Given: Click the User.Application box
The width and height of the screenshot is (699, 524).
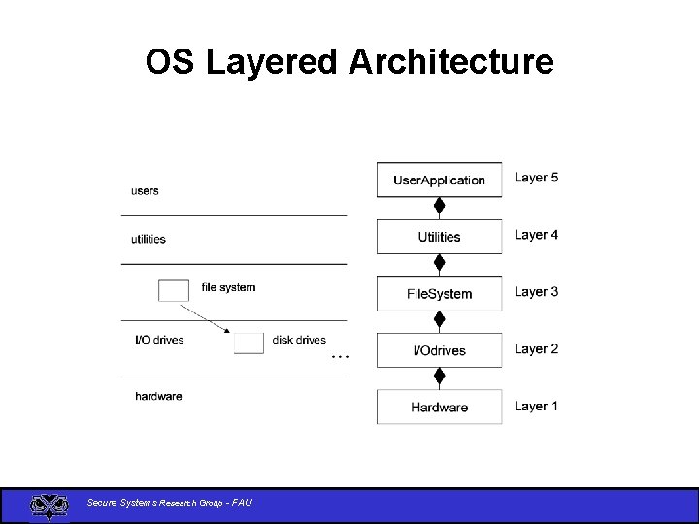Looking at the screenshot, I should pos(439,180).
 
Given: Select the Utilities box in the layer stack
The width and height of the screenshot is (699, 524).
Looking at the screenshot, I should pos(439,237).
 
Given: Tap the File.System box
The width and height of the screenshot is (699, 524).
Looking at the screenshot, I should pos(439,293).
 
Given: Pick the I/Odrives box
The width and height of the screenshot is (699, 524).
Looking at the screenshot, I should pos(439,350).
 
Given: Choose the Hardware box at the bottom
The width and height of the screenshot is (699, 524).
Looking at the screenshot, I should pos(439,408).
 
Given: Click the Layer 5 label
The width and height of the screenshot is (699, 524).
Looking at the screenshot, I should pos(536,178).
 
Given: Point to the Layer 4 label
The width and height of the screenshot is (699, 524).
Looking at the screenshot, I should pos(536,235).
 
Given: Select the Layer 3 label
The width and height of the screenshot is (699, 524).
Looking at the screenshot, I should pos(536,292).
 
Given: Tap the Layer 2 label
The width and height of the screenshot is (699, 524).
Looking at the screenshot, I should pos(536,349).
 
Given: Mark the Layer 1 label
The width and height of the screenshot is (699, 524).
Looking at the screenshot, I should pos(536,407).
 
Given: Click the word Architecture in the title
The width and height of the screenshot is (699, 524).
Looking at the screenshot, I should pos(451,62).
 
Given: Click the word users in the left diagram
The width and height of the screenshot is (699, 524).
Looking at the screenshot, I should pos(145,191).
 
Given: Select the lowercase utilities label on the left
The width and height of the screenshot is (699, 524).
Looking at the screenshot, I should pos(149,239).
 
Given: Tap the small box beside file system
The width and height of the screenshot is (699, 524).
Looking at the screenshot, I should pos(174,290).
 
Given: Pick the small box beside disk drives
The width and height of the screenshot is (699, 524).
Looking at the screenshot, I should pos(249,343).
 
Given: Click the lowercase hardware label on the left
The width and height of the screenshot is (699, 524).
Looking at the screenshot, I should pos(158,396).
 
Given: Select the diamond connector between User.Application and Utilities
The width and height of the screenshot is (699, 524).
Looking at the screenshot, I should pos(439,206).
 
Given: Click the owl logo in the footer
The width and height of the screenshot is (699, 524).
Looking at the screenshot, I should pos(49,506).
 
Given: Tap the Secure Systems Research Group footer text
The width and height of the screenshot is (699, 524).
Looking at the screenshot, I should pos(170,503).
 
